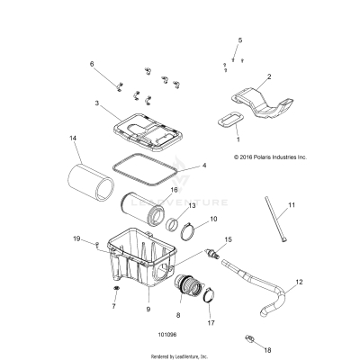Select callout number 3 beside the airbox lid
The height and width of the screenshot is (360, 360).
point(121,104)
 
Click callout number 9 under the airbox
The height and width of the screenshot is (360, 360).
point(148,310)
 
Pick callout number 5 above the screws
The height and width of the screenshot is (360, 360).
point(240,41)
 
